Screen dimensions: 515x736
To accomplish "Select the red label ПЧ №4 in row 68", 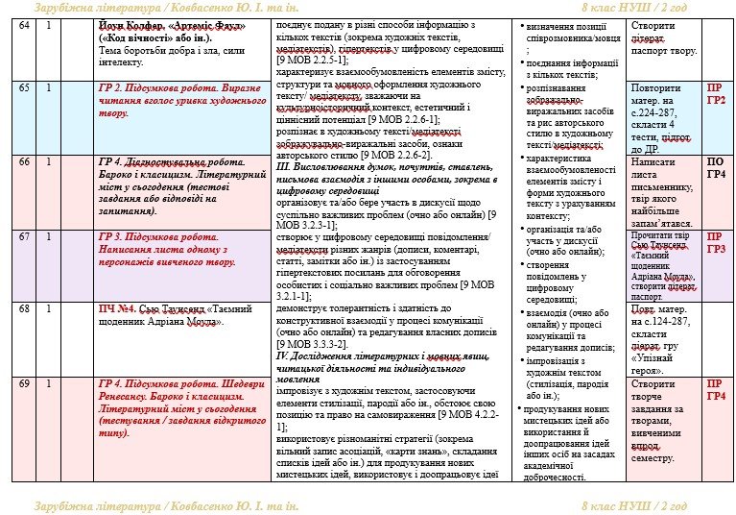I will pyautogui.click(x=117, y=308).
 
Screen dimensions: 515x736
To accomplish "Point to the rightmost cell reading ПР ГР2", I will pyautogui.click(x=716, y=93).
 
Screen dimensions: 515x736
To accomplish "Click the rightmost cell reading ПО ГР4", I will pyautogui.click(x=716, y=168).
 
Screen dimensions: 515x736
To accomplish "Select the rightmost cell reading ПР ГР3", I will pyautogui.click(x=716, y=242).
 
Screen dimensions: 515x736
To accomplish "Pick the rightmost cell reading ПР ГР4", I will pyautogui.click(x=716, y=389).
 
